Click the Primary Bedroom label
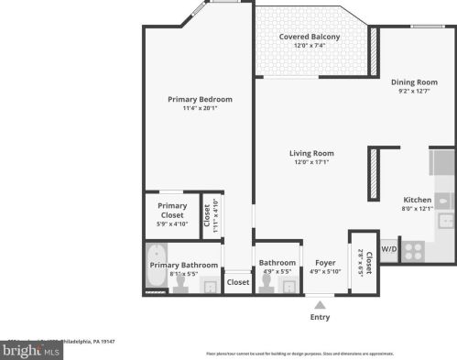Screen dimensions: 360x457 (200, 99)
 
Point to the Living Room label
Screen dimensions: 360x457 (311, 153)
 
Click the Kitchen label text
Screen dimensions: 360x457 (417, 200)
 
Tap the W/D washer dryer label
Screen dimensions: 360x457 (388, 248)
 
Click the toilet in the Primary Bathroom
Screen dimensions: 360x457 (183, 283)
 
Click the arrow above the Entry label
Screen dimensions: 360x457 (320, 303)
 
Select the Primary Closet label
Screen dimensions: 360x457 (172, 210)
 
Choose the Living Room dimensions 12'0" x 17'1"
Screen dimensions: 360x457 (311, 163)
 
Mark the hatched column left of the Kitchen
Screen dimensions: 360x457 (374, 173)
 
